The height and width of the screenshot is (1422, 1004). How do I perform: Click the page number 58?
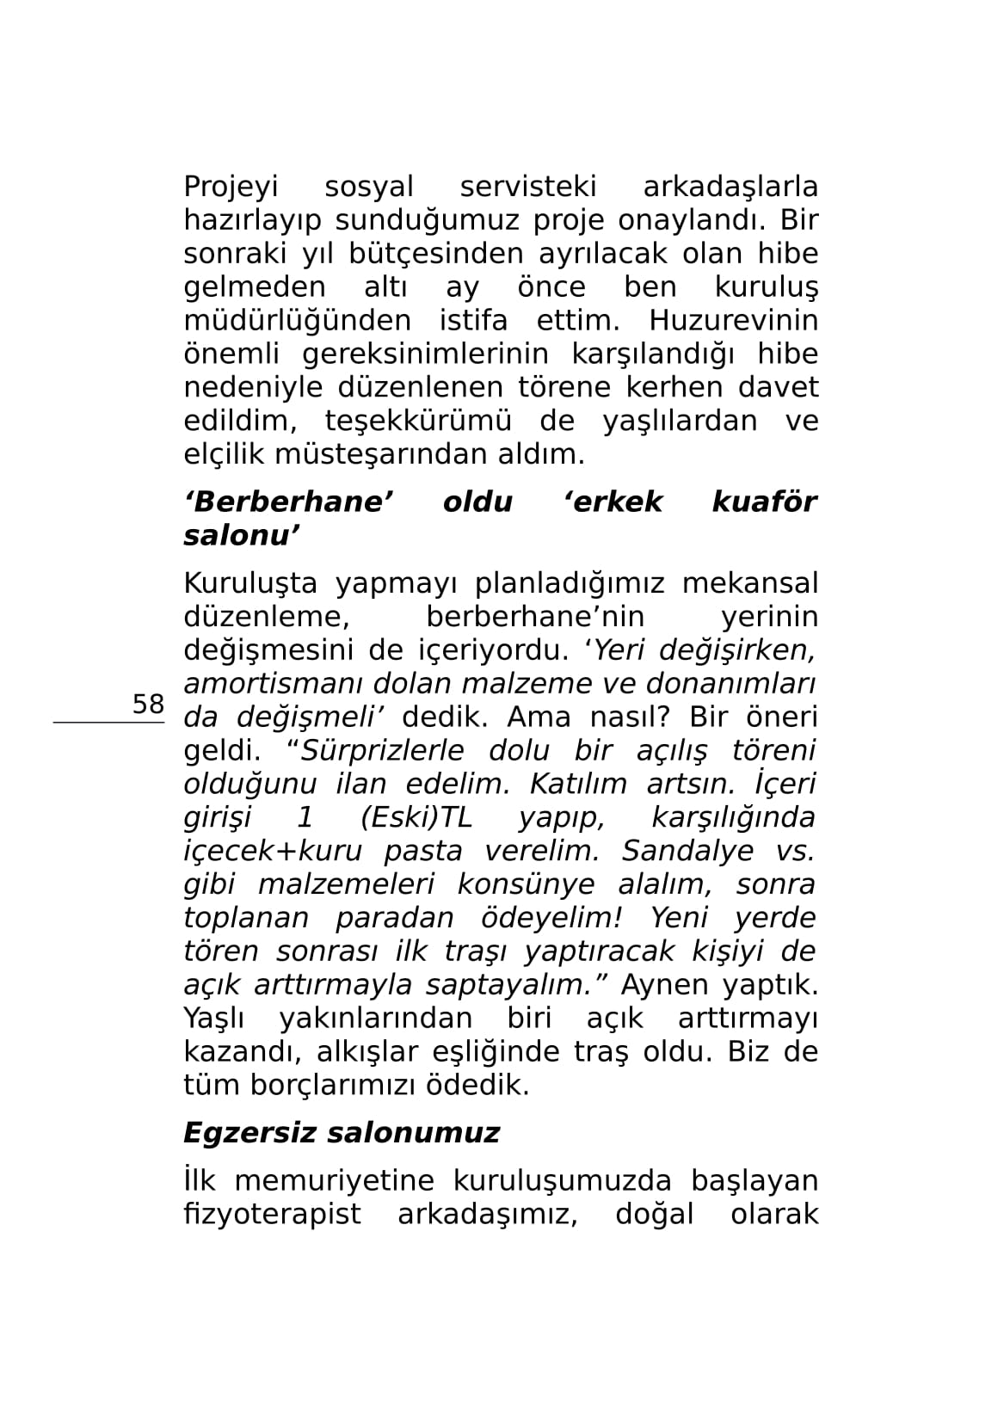point(147,704)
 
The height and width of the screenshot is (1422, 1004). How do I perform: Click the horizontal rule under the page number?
point(108,723)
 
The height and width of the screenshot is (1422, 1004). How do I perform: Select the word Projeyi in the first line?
point(231,187)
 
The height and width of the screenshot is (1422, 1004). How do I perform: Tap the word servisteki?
point(527,187)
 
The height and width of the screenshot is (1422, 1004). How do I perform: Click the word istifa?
point(473,321)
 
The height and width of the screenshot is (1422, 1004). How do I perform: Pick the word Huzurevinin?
point(733,321)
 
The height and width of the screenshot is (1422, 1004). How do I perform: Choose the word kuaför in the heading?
point(764,502)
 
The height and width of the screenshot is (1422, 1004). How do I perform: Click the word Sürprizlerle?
point(380,751)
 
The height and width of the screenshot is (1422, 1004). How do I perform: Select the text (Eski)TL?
point(416,817)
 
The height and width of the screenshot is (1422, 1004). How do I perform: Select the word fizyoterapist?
point(272,1215)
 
